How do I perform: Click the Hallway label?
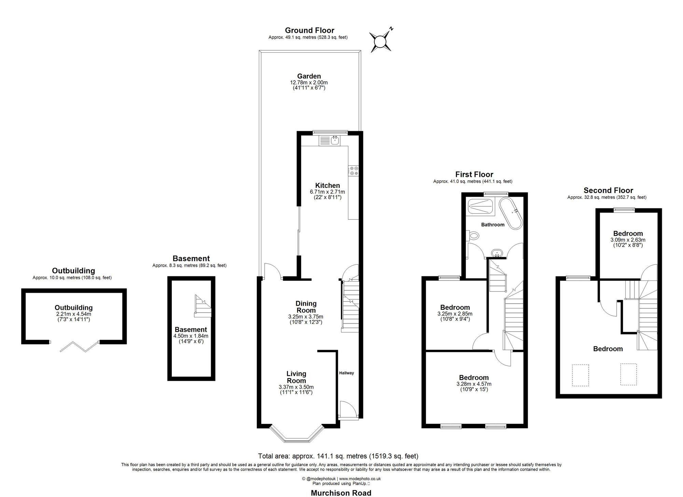(346, 373)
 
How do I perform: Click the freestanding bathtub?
(511, 213)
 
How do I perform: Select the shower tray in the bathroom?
(480, 206)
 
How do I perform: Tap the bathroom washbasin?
(497, 253)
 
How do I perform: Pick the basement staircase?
(203, 306)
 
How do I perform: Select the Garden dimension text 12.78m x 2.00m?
(309, 83)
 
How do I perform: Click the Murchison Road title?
(341, 493)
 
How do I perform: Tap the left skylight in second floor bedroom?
(580, 375)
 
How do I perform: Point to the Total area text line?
(338, 456)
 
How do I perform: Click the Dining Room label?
(306, 307)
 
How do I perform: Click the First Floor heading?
(474, 175)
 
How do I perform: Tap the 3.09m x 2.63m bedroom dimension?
(628, 240)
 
